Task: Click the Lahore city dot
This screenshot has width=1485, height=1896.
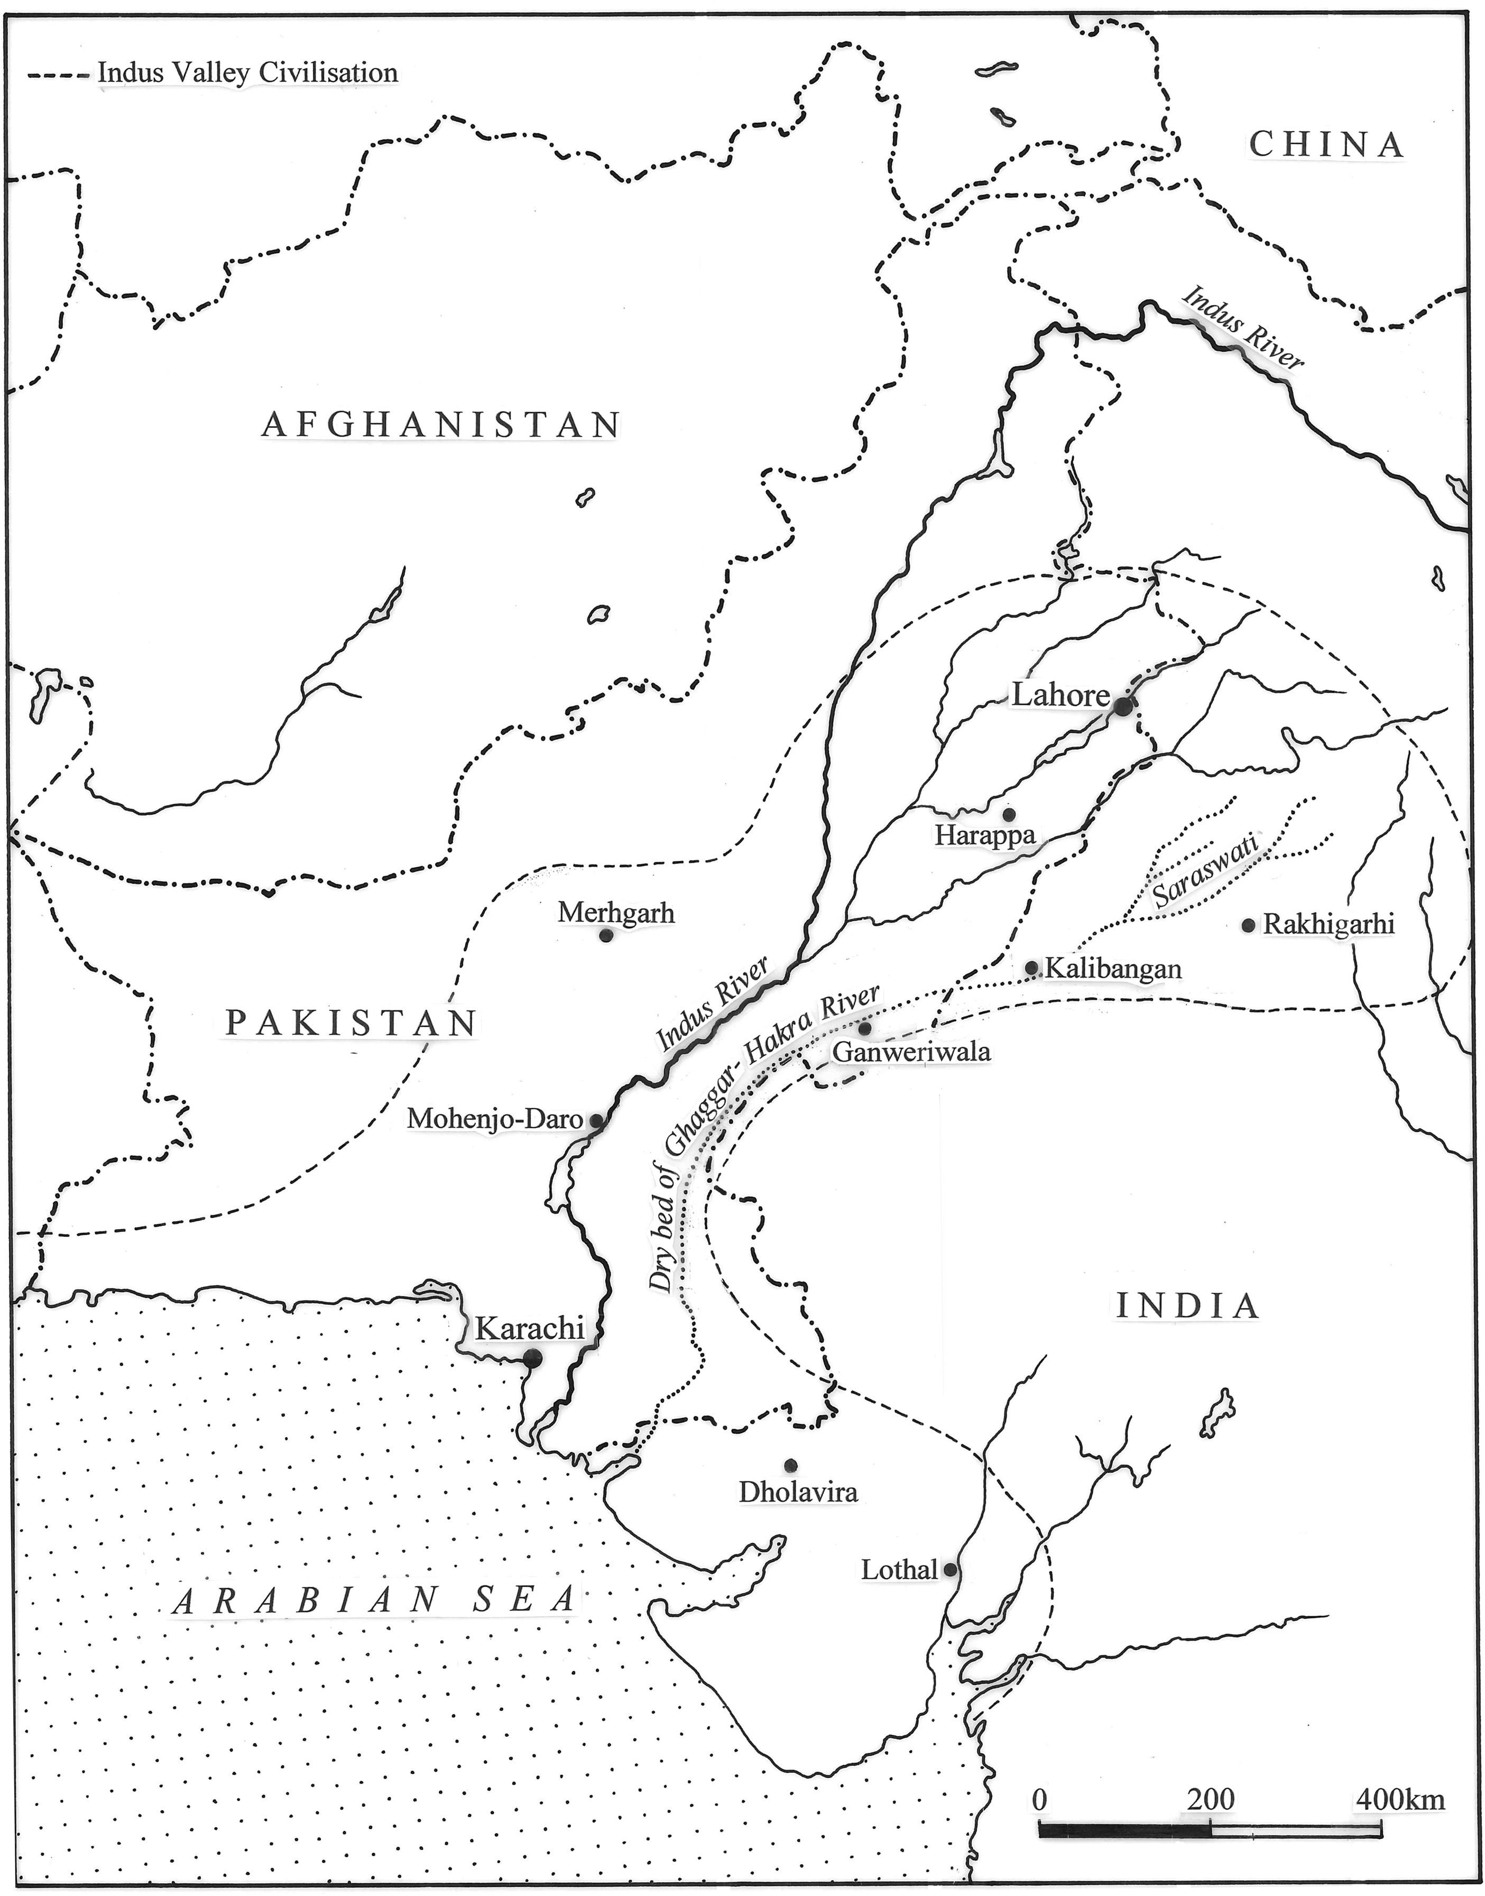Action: coord(1123,707)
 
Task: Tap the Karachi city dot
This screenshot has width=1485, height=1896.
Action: coord(532,1358)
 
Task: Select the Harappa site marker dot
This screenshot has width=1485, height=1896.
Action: coord(1009,815)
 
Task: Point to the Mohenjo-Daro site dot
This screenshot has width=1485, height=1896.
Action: coord(596,1120)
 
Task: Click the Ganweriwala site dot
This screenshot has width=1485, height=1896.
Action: coord(864,1028)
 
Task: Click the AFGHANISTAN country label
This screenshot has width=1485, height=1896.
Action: coord(441,424)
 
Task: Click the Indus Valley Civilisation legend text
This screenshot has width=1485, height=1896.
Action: coord(248,73)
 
